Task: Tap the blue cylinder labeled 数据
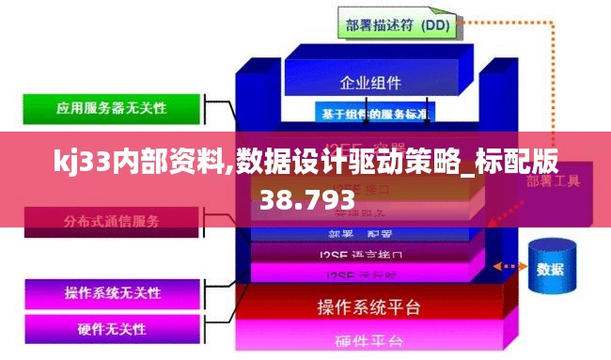[x=551, y=268]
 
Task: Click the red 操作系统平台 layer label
[x=369, y=307]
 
